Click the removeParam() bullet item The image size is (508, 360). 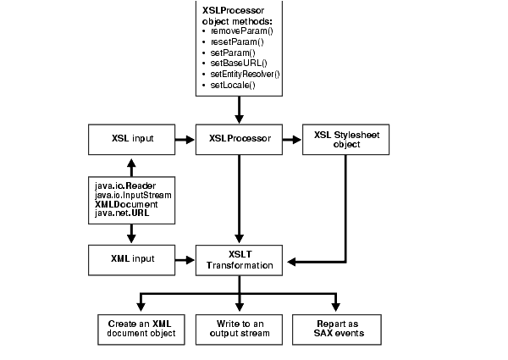tap(236, 30)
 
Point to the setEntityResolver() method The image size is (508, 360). tap(245, 74)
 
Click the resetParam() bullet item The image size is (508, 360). tap(235, 41)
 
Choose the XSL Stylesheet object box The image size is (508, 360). tap(345, 139)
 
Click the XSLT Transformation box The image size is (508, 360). tap(240, 258)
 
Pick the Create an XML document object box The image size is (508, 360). tap(141, 329)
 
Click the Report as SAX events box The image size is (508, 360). tap(337, 329)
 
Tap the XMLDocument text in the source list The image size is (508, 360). tap(123, 204)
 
